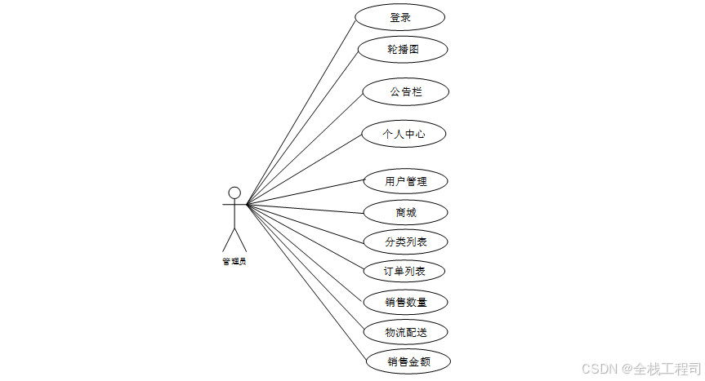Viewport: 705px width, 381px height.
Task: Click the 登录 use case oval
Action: (400, 17)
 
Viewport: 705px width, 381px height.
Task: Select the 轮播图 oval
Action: (404, 49)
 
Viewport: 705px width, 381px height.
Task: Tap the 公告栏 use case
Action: (406, 91)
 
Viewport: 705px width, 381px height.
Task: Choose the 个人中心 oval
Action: (404, 134)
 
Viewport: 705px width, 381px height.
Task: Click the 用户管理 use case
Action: (406, 180)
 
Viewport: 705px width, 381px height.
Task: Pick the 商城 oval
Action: (405, 212)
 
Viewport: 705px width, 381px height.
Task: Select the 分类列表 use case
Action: (406, 241)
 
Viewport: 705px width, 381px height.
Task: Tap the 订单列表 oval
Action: (404, 271)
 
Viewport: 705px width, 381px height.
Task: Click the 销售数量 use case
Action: (406, 302)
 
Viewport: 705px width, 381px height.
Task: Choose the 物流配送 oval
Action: (406, 332)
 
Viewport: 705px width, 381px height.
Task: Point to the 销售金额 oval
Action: (408, 361)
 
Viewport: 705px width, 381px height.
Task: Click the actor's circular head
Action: (234, 193)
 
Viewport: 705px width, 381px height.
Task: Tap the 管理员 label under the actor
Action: (234, 262)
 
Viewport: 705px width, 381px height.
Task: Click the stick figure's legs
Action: (234, 238)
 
